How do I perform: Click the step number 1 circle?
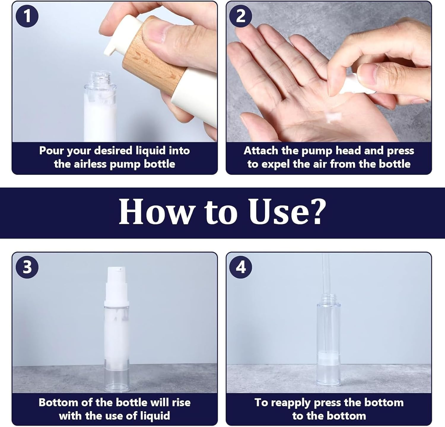coord(27,16)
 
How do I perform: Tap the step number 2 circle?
coord(241,16)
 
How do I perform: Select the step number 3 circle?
coord(27,267)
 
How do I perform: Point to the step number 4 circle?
coord(241,267)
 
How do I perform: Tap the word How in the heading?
coord(155,212)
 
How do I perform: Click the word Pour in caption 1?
coord(52,151)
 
